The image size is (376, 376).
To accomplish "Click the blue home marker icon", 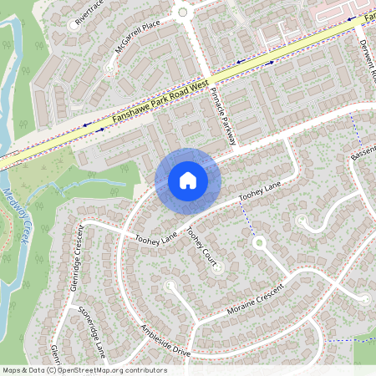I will pyautogui.click(x=187, y=180).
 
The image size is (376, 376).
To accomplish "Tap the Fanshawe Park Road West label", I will pyautogui.click(x=159, y=104).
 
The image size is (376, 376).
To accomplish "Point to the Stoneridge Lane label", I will pyautogui.click(x=94, y=328).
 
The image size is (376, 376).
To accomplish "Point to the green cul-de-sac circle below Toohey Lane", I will pyautogui.click(x=259, y=242).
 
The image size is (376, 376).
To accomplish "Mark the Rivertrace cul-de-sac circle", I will pyautogui.click(x=74, y=25).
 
